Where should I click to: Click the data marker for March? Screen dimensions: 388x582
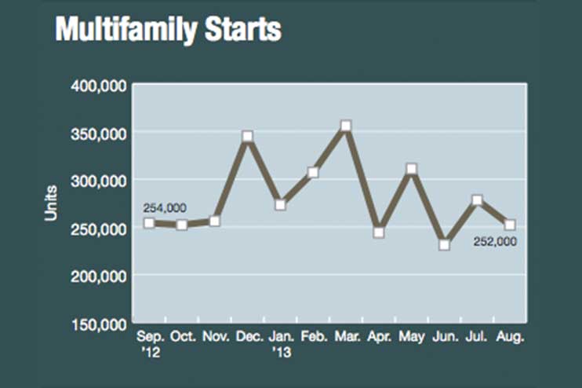[x=346, y=126]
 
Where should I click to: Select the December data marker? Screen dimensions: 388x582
[x=248, y=136]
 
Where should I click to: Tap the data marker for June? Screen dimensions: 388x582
[x=444, y=245]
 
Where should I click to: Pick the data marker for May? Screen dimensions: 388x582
[x=412, y=168]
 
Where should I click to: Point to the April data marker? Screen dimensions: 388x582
[x=379, y=232]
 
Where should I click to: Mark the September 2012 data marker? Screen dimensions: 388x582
[x=149, y=222]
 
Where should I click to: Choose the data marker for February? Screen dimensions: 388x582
[x=313, y=172]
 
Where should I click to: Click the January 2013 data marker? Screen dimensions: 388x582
[x=280, y=205]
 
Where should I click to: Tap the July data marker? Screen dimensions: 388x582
[x=477, y=200]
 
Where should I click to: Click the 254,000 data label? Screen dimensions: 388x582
[x=164, y=207]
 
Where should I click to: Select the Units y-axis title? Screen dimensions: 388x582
[x=50, y=203]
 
